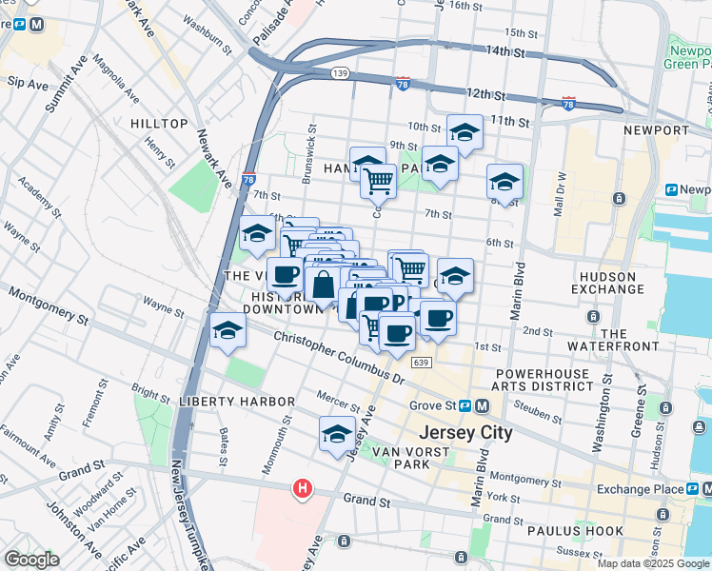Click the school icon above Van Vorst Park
[x=336, y=435]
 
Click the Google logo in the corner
[x=32, y=560]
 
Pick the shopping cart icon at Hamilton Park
[x=379, y=179]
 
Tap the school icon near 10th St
[x=465, y=132]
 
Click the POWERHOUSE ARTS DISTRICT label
[x=543, y=380]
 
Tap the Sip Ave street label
[x=28, y=84]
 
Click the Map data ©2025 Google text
[x=652, y=563]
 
